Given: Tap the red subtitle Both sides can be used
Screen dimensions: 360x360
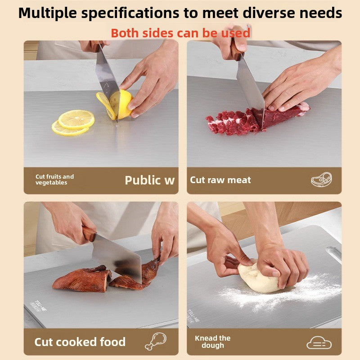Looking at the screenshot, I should click(180, 33).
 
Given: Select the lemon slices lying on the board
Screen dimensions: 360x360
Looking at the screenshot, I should click(73, 123).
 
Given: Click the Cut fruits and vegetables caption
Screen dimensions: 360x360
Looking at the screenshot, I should click(54, 180).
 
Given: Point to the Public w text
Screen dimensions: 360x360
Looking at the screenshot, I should click(149, 180).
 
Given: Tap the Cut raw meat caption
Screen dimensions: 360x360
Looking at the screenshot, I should click(220, 180).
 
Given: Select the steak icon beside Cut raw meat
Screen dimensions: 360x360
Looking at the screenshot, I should click(321, 180).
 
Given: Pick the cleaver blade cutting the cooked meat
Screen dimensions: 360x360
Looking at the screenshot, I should click(118, 259).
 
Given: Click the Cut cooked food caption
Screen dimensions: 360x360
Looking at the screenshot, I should click(80, 342).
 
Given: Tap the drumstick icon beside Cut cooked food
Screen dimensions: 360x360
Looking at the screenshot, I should click(155, 342).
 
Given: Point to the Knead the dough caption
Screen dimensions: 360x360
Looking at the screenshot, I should click(212, 342).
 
